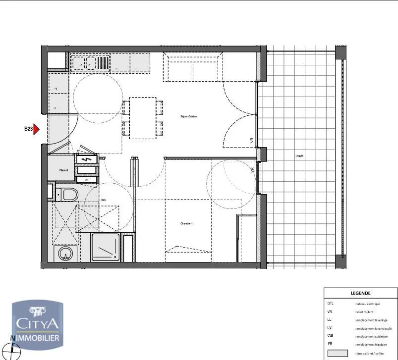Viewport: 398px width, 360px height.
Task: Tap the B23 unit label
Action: tap(28, 129)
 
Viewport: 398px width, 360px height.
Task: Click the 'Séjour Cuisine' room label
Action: tap(188, 116)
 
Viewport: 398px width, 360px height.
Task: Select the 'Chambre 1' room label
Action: tap(186, 224)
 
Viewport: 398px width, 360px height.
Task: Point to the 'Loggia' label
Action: tap(299, 155)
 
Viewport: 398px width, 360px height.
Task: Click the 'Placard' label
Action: tap(63, 170)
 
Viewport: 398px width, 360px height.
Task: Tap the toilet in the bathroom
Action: tap(67, 194)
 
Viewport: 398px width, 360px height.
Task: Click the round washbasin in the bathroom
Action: tap(64, 254)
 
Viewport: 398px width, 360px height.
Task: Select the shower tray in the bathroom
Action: tap(105, 247)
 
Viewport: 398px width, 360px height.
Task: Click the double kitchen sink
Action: tap(90, 63)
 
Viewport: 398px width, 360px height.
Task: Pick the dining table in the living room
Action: tap(143, 118)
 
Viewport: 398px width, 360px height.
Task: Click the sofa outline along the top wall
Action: tap(193, 68)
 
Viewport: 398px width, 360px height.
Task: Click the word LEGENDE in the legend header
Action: tap(360, 293)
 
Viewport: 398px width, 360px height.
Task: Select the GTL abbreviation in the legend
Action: tap(331, 303)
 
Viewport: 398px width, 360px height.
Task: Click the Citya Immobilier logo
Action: tap(37, 322)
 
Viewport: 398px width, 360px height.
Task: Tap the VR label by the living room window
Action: tap(252, 141)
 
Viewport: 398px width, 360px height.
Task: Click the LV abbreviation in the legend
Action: tap(330, 328)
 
